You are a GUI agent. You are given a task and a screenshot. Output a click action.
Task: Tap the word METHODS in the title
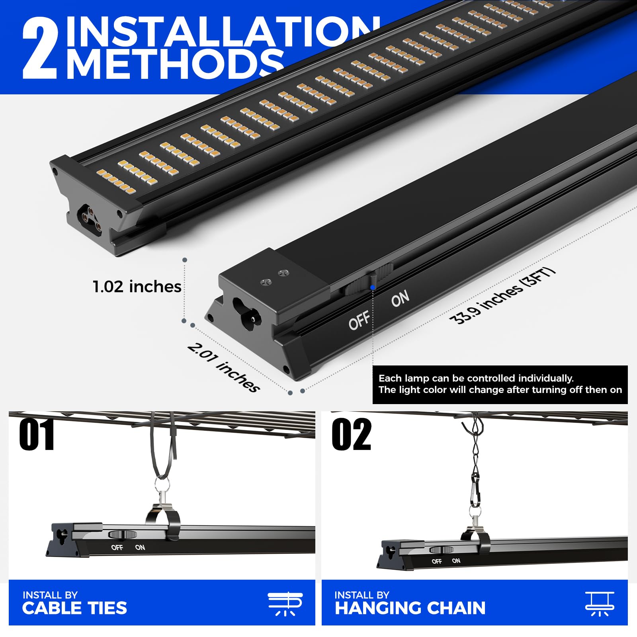(175, 64)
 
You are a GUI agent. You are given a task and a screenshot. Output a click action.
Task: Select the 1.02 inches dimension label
(137, 287)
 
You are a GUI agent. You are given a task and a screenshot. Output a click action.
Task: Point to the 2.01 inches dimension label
(224, 367)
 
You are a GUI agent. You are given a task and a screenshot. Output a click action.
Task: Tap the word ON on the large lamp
(400, 299)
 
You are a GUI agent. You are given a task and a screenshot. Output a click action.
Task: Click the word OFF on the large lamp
(359, 320)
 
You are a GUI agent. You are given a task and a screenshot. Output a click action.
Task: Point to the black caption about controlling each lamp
(500, 384)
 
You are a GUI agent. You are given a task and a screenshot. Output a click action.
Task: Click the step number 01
(37, 435)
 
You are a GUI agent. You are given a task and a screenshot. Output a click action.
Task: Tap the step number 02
(352, 435)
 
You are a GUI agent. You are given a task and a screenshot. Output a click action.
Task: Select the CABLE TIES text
(74, 608)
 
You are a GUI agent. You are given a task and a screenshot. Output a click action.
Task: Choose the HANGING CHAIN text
(410, 608)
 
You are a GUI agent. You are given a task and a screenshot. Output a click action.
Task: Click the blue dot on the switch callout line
(373, 287)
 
